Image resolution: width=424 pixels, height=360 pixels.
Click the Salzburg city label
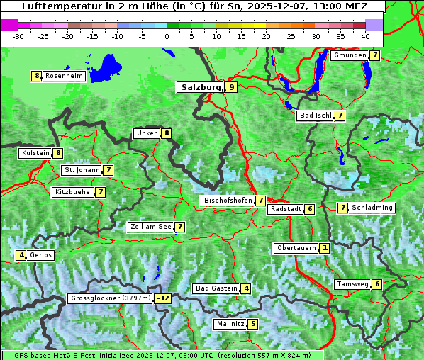coord(201,87)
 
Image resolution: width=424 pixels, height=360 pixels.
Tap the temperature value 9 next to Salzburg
coord(232,87)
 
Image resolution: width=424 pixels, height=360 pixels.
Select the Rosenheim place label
coord(64,76)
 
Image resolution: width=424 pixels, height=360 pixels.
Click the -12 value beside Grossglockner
coord(164,298)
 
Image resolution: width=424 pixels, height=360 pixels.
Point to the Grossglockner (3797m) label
coord(111,298)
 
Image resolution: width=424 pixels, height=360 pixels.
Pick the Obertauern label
coord(296,248)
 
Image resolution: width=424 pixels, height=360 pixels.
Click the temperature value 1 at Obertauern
coord(324,248)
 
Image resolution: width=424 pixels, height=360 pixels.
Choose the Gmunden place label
coord(350,55)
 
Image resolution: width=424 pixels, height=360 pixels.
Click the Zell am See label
coord(151,227)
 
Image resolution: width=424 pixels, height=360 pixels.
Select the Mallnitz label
coord(230,324)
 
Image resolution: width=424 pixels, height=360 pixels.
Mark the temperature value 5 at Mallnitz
coord(252,324)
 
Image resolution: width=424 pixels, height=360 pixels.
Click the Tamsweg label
coord(352,284)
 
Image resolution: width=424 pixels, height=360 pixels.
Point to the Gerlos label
coord(40,255)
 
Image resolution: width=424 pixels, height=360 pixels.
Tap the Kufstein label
coord(35,152)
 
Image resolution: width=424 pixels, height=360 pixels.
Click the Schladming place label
coord(372,208)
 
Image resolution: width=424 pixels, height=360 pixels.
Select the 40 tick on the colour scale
coord(364,36)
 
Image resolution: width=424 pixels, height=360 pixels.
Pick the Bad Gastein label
coord(216,288)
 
